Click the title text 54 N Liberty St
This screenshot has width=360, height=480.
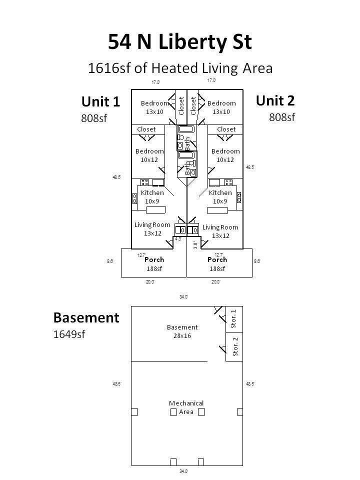(x=180, y=42)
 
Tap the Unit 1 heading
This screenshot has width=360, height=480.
(x=100, y=102)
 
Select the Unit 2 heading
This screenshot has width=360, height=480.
(x=275, y=100)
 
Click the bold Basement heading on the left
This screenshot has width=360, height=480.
(x=86, y=317)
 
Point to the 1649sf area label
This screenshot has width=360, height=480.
(x=69, y=334)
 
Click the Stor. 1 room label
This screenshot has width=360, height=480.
(x=234, y=318)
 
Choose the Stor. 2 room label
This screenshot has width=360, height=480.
(x=235, y=346)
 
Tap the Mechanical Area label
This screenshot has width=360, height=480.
(x=186, y=407)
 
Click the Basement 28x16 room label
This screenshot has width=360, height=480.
(x=182, y=331)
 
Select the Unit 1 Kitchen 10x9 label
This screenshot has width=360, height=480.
(x=152, y=197)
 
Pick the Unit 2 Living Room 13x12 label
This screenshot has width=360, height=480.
(x=220, y=231)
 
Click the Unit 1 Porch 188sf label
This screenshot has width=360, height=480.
(x=154, y=264)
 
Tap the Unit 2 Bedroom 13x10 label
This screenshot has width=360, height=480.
(x=221, y=107)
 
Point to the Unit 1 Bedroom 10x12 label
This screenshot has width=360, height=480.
(x=149, y=155)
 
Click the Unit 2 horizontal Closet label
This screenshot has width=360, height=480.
(x=226, y=129)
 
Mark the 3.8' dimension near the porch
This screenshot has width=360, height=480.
(x=195, y=245)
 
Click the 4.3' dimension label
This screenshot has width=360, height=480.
(x=178, y=239)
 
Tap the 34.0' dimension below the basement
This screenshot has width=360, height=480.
(x=183, y=471)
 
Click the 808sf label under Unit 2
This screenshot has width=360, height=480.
(x=282, y=117)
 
